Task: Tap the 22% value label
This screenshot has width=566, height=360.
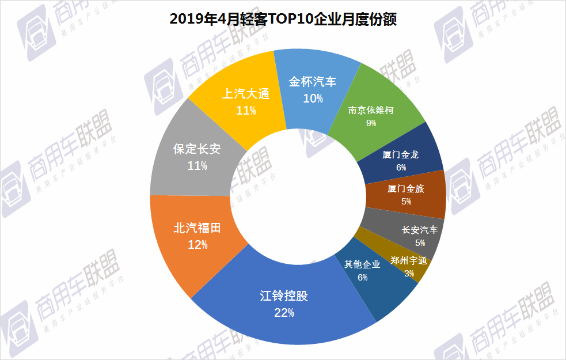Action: coord(284,313)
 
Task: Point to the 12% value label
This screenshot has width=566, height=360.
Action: coord(197,245)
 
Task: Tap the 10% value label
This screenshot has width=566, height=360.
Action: coord(313,98)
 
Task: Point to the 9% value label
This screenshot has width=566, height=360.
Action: coord(371,123)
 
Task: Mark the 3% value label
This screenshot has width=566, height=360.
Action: coord(409,273)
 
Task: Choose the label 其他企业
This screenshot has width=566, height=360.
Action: coord(362,264)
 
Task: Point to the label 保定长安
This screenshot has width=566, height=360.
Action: coord(197,150)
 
